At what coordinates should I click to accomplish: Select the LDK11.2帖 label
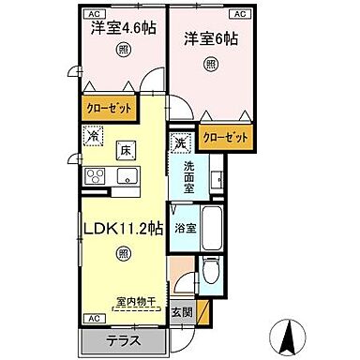pos(125,228)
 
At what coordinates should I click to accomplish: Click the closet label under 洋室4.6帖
pos(109,109)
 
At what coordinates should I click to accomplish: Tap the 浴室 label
pos(186,228)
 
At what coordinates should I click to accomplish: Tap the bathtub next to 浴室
pos(213,228)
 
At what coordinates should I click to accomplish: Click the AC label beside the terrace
pos(93,318)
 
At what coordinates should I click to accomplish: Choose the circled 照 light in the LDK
pos(124,254)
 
